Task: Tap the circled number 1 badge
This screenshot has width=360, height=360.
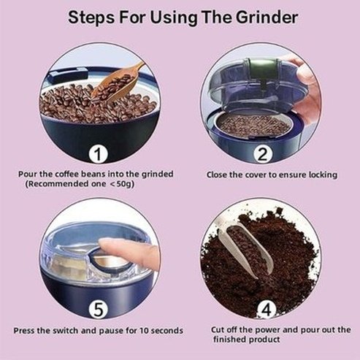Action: (99, 153)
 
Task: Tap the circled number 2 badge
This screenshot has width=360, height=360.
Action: (261, 153)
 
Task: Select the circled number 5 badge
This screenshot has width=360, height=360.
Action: (99, 309)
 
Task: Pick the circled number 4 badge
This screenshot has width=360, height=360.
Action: (261, 309)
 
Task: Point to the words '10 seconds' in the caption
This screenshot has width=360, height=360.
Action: (158, 330)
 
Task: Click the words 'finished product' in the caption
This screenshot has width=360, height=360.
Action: (248, 340)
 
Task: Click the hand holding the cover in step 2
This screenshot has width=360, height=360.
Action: (307, 88)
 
